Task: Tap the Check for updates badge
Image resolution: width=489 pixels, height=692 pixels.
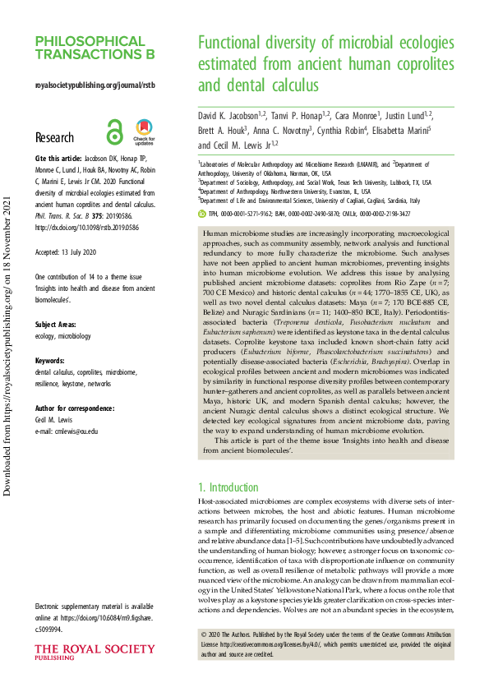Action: (144, 131)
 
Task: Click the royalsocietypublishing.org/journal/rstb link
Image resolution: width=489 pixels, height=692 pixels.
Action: (95, 85)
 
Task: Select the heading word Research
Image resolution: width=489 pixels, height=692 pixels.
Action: (54, 138)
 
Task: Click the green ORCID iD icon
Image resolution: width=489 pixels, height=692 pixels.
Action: (204, 213)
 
